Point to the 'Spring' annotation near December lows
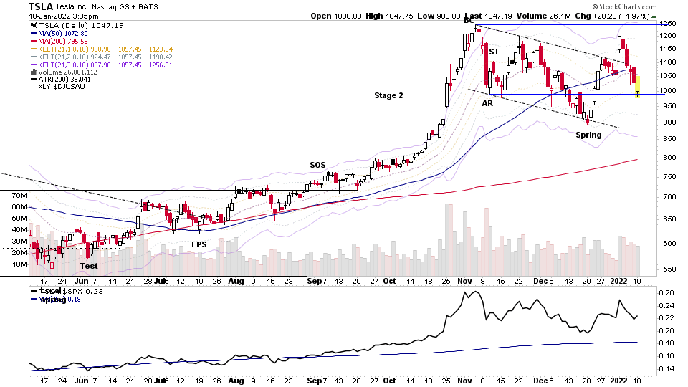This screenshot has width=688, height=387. tap(588, 135)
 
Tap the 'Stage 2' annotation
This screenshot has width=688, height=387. tap(388, 95)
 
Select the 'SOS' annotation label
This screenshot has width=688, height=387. tap(317, 165)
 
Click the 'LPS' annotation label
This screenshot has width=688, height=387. tap(199, 244)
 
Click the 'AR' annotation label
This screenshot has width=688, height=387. tap(487, 103)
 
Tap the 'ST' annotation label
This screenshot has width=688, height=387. tap(494, 52)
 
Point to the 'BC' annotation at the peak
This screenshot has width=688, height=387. tap(469, 21)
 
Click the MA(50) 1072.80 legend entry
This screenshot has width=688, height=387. tap(59, 33)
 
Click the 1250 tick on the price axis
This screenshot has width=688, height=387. tap(668, 24)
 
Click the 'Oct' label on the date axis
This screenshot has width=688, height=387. tap(388, 281)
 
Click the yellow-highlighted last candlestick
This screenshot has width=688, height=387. tap(636, 85)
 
